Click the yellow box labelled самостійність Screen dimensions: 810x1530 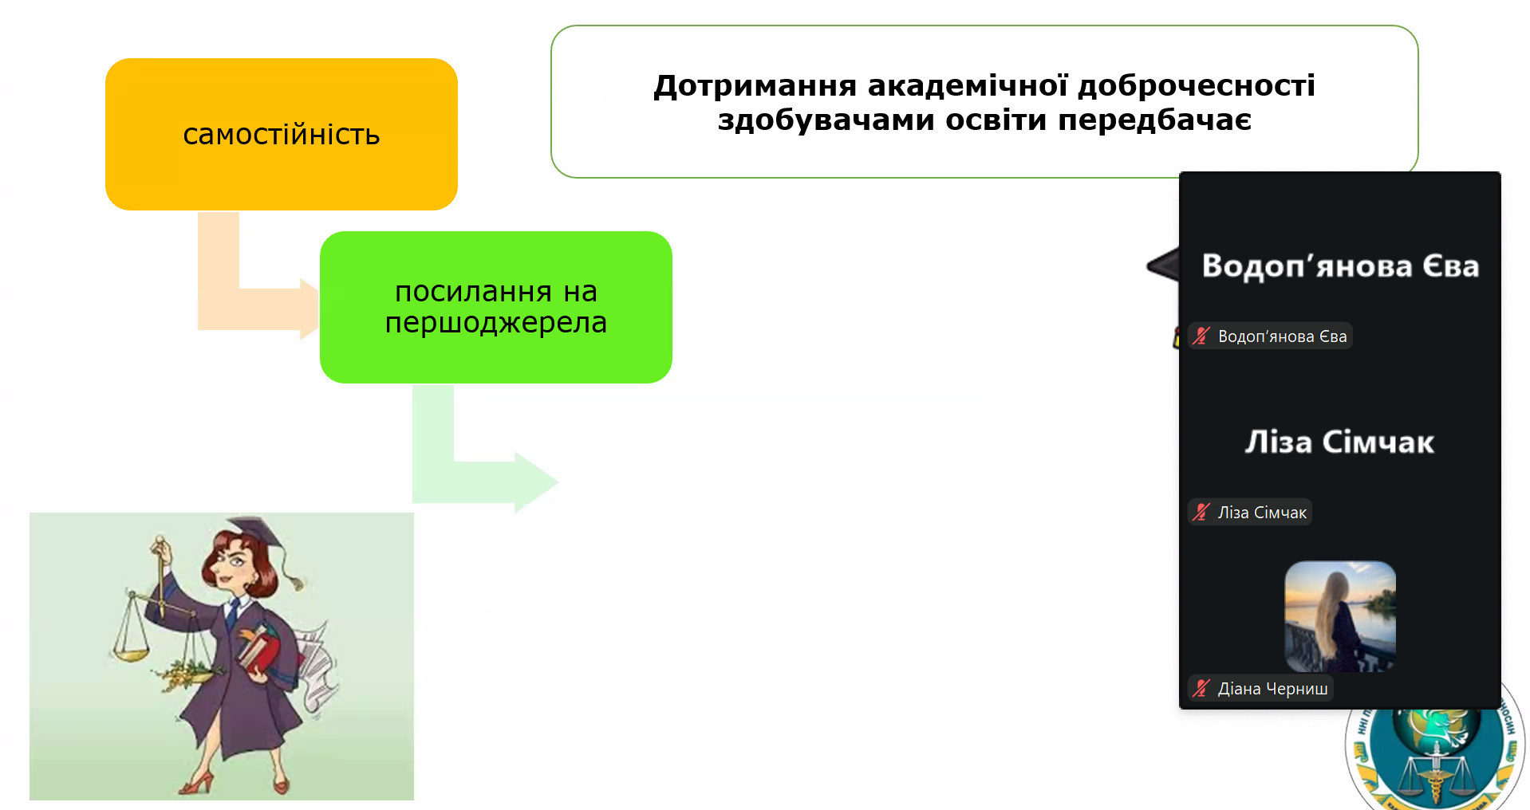(281, 134)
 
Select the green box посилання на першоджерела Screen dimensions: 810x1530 (495, 307)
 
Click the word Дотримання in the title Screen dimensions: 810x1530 (755, 86)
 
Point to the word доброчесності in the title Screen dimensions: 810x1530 (1196, 86)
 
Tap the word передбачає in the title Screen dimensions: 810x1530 (1154, 120)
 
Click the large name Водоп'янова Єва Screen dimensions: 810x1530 (1340, 266)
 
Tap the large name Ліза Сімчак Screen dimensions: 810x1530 (1339, 442)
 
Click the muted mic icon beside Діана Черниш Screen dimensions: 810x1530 (1201, 688)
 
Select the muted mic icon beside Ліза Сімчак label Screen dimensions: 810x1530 (1201, 512)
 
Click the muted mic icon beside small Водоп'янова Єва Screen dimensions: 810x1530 (1201, 336)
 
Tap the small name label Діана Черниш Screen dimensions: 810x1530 (1272, 689)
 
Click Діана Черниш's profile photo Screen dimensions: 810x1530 (1340, 615)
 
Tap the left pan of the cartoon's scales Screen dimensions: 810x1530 (132, 654)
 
